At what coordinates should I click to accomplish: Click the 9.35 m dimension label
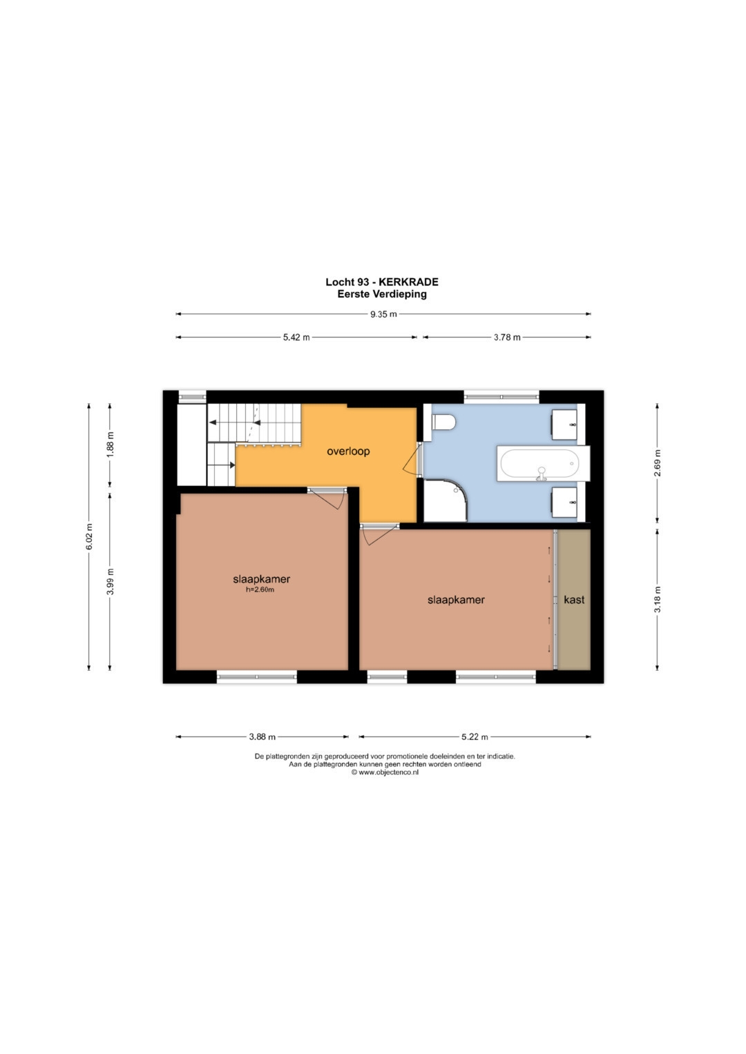click(x=383, y=314)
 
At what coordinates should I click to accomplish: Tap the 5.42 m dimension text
click(x=296, y=338)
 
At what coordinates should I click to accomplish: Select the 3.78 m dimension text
click(x=507, y=338)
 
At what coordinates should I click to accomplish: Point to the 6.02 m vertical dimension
click(x=89, y=536)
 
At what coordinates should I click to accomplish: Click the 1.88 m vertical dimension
click(x=111, y=445)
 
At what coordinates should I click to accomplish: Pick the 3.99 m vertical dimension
click(x=111, y=582)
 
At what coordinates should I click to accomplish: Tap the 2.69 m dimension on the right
click(x=658, y=463)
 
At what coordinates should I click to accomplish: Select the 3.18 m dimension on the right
click(x=658, y=599)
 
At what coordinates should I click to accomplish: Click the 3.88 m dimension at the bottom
click(x=262, y=737)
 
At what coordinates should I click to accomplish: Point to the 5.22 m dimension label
click(x=475, y=737)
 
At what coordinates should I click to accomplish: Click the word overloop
click(x=349, y=451)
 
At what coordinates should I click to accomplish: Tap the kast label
click(x=574, y=599)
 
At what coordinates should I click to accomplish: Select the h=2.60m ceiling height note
click(x=260, y=589)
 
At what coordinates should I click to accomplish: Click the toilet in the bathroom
click(x=443, y=422)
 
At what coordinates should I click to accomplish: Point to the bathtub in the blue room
click(x=543, y=463)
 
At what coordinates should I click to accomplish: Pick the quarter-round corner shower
click(x=446, y=500)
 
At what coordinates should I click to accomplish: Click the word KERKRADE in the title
click(x=408, y=282)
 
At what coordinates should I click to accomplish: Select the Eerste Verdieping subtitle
click(x=382, y=294)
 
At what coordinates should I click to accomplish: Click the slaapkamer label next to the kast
click(x=456, y=600)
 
